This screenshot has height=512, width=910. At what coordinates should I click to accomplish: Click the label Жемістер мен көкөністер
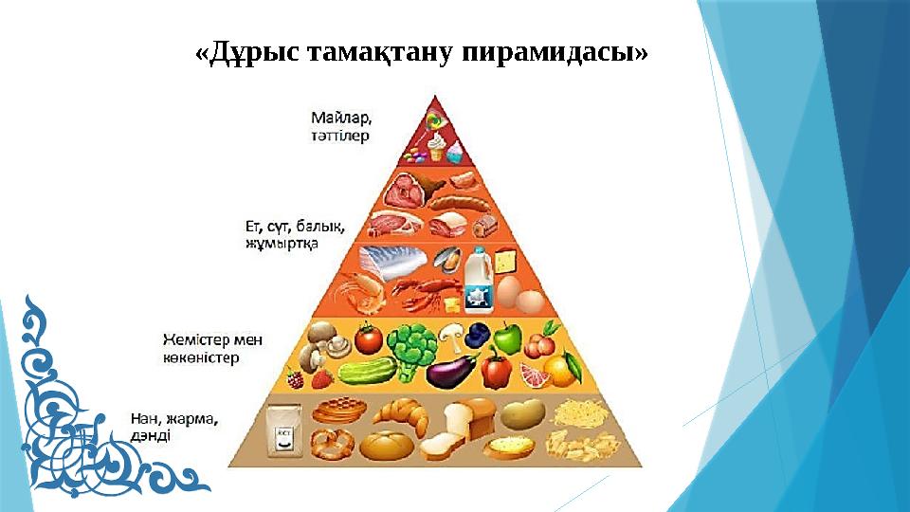coord(212,348)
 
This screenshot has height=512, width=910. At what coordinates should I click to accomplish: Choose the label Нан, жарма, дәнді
coord(174,426)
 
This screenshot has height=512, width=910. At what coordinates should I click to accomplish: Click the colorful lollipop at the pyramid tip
coord(435,120)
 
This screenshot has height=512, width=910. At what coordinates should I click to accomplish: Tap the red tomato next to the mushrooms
coord(368,338)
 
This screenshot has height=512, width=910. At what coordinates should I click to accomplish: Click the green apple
coord(508,338)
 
